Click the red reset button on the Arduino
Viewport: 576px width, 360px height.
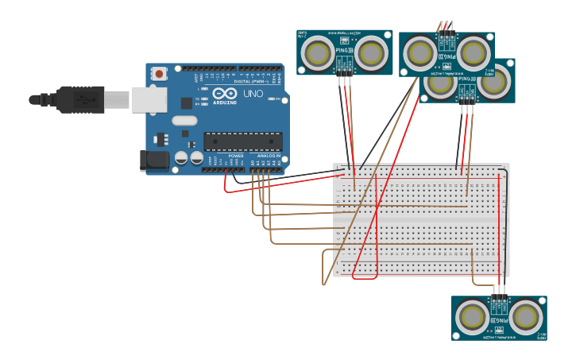click(160, 74)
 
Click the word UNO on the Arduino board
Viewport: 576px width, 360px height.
click(253, 94)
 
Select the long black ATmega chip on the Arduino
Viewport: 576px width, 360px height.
click(243, 141)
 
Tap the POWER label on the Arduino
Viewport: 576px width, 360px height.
click(236, 156)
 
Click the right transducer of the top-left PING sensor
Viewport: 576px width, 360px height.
click(370, 53)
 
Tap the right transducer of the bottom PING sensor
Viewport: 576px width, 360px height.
click(525, 317)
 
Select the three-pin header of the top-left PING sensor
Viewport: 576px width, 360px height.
click(345, 70)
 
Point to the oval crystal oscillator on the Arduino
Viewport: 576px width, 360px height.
click(184, 121)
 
